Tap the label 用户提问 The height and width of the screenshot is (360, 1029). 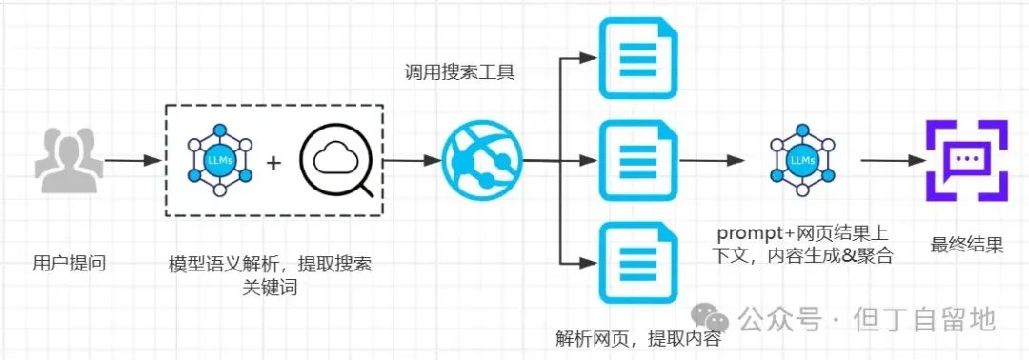click(69, 264)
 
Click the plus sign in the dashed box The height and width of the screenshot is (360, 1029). click(273, 163)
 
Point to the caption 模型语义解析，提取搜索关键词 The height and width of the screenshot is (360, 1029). click(271, 274)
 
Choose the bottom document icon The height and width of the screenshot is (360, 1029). click(631, 259)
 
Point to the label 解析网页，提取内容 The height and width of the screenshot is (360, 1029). click(637, 338)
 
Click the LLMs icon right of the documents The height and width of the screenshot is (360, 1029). click(802, 160)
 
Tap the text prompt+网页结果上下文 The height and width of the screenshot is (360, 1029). click(803, 244)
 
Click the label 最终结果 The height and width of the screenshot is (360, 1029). click(967, 245)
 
